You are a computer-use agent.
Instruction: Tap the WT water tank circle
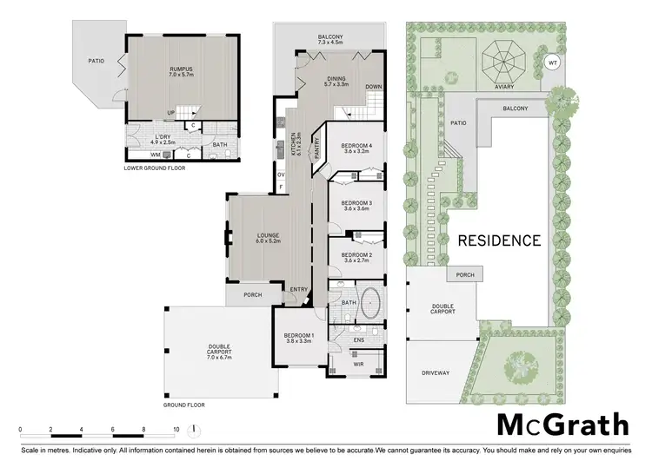click(551, 63)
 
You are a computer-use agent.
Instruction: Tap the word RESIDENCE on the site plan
click(499, 240)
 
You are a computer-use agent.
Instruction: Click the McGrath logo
click(562, 425)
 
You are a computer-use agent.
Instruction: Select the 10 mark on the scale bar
click(176, 429)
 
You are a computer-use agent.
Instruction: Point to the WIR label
click(358, 365)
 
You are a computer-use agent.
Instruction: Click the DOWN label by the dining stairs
click(373, 87)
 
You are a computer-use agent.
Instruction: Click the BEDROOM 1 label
click(300, 339)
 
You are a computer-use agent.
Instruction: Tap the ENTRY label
click(299, 289)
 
